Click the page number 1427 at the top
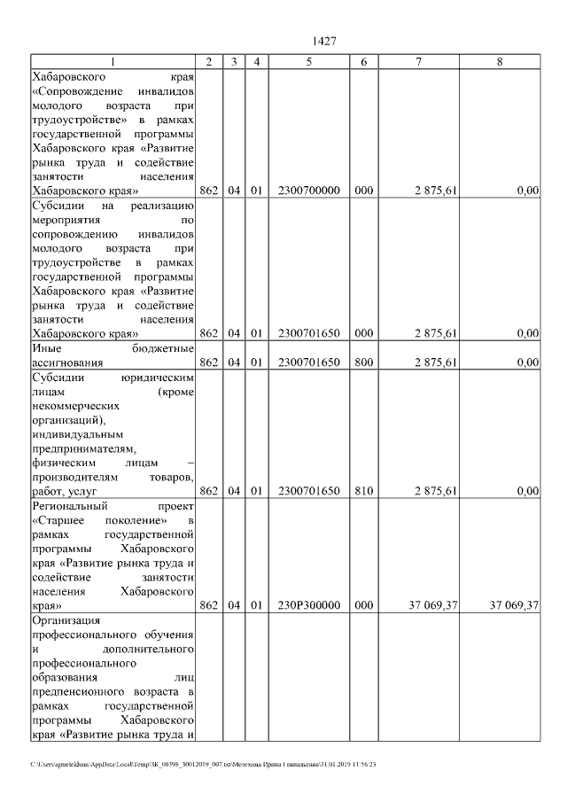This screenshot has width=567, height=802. [x=323, y=42]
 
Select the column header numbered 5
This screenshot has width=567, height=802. [x=308, y=61]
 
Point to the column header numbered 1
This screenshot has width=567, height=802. [x=113, y=61]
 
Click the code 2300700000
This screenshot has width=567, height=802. [x=308, y=190]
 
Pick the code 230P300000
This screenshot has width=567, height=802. [x=308, y=606]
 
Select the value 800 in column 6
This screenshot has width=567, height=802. [x=363, y=362]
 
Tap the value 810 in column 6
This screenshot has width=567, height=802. [x=363, y=490]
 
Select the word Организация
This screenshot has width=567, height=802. [x=66, y=619]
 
